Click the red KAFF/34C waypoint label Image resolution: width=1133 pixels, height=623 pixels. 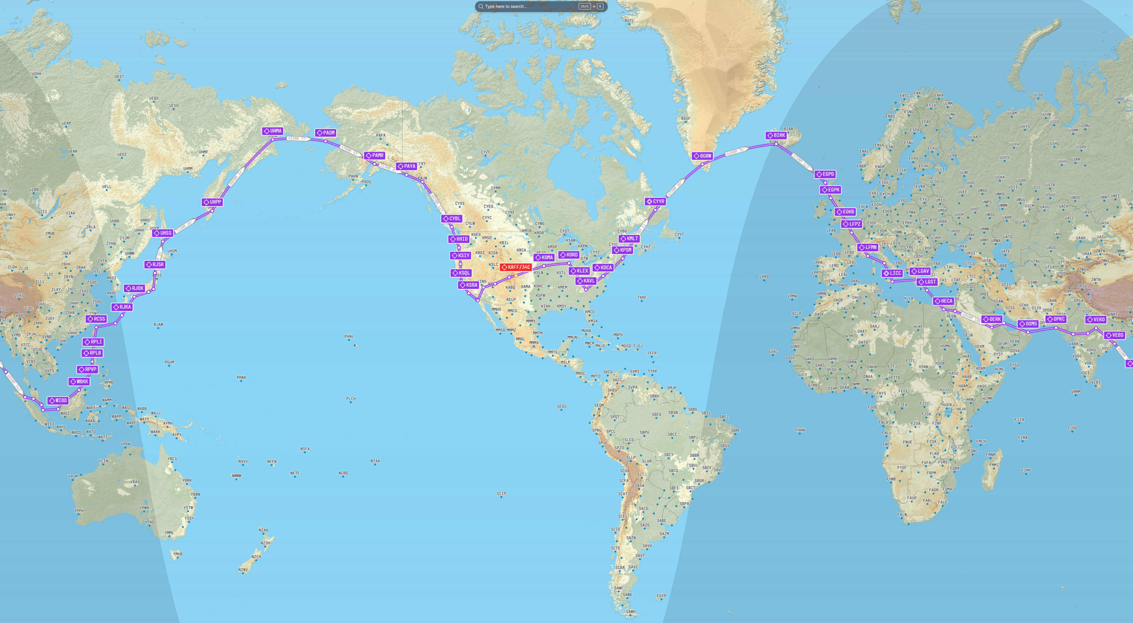click(516, 267)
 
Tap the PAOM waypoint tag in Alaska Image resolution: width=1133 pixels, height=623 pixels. click(325, 133)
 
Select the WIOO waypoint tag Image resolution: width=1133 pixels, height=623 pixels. click(58, 400)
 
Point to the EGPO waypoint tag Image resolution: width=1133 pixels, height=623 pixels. click(825, 174)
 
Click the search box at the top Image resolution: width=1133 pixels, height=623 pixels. click(528, 7)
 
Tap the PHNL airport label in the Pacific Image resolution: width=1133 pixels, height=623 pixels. click(349, 337)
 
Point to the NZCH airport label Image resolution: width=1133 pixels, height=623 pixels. click(256, 557)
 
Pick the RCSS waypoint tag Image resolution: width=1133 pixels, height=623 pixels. click(96, 319)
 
